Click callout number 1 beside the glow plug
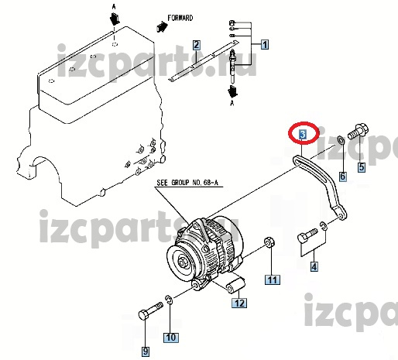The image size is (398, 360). [265, 44]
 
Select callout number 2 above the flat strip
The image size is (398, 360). [197, 45]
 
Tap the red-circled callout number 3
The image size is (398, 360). [303, 135]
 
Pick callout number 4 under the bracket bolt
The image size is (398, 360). [314, 266]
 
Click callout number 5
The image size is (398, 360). [362, 167]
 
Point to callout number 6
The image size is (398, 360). [342, 177]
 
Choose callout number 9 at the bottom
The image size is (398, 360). [146, 351]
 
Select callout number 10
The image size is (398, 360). [171, 338]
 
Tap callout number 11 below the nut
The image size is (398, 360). [273, 279]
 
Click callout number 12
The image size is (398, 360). [239, 303]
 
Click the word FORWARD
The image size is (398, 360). [180, 18]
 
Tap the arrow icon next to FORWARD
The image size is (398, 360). [162, 26]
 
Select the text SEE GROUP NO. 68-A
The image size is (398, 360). [187, 183]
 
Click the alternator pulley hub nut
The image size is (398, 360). [182, 263]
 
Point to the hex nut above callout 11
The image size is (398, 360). [269, 242]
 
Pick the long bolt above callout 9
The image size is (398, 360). [150, 311]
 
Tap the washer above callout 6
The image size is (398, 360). [341, 141]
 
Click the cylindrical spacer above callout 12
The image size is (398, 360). [235, 285]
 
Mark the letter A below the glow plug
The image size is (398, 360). [232, 103]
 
